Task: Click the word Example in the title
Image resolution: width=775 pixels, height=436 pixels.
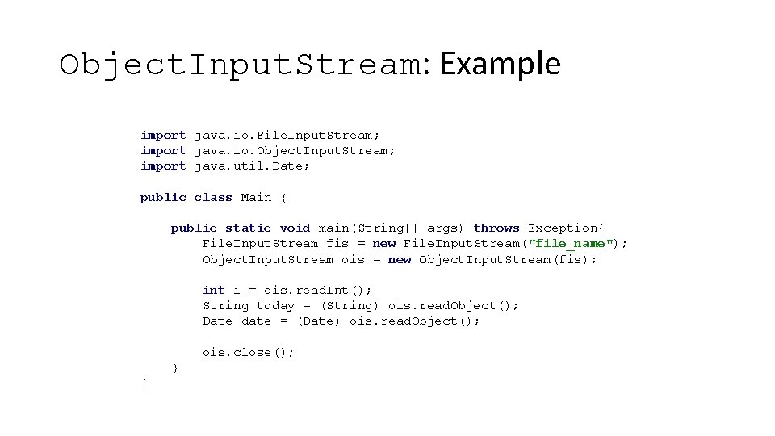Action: click(501, 64)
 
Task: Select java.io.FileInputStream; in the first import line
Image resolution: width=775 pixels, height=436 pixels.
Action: click(287, 135)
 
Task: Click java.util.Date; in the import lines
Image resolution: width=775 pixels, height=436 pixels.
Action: click(252, 166)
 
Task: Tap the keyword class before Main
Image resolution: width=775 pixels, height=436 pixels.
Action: click(213, 197)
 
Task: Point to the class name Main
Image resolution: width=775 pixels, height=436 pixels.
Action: click(256, 197)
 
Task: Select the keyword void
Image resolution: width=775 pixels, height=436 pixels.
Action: click(295, 228)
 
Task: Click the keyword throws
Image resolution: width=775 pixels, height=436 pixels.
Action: click(496, 228)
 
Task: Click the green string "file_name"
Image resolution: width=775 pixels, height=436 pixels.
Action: click(573, 243)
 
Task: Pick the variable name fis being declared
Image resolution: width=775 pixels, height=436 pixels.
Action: click(337, 243)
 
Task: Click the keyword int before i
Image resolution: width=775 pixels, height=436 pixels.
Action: click(213, 290)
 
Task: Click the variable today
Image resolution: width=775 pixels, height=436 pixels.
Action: click(275, 305)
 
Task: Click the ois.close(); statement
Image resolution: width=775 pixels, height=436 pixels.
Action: click(249, 352)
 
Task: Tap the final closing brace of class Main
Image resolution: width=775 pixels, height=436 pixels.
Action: click(145, 384)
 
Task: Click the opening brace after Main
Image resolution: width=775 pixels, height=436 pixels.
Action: click(283, 197)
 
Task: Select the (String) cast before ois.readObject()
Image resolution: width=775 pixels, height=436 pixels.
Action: click(350, 305)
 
